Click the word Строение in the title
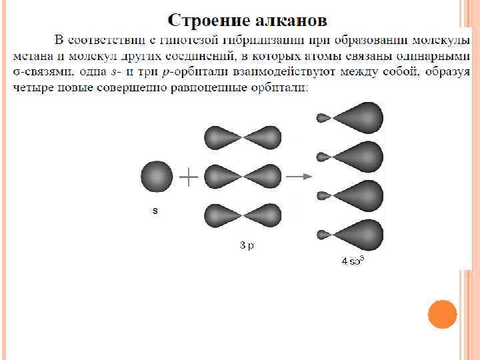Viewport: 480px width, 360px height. point(207,19)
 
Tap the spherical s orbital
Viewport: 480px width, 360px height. point(156,177)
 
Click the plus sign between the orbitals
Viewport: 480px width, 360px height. point(189,177)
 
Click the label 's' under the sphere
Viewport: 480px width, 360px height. point(155,211)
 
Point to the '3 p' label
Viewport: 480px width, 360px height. point(247,245)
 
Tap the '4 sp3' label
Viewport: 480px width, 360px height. point(352,261)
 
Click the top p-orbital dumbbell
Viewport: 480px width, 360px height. point(243,138)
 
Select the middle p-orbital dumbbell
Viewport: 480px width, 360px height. point(243,177)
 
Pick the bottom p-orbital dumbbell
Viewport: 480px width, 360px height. point(243,216)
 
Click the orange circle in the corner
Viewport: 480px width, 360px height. point(442,314)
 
